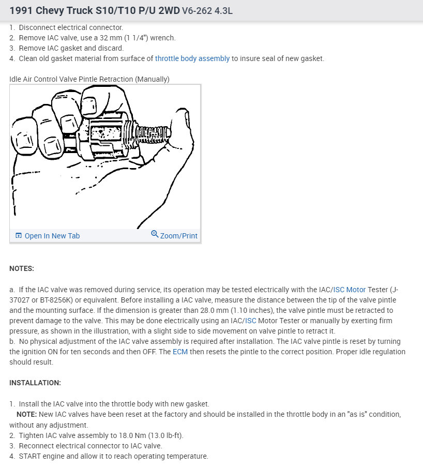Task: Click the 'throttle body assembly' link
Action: coord(192,58)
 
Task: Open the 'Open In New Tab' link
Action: coord(52,236)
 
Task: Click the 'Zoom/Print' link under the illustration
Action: coord(178,236)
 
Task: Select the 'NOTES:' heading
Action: coord(22,268)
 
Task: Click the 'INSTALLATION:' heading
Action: coord(35,383)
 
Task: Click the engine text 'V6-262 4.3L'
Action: coord(207,11)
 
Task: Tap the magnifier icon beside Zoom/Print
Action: coord(154,234)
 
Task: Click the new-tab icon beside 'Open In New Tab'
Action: coord(19,236)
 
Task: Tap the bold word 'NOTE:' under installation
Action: coord(27,415)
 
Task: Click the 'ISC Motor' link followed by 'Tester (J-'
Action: coord(349,290)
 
